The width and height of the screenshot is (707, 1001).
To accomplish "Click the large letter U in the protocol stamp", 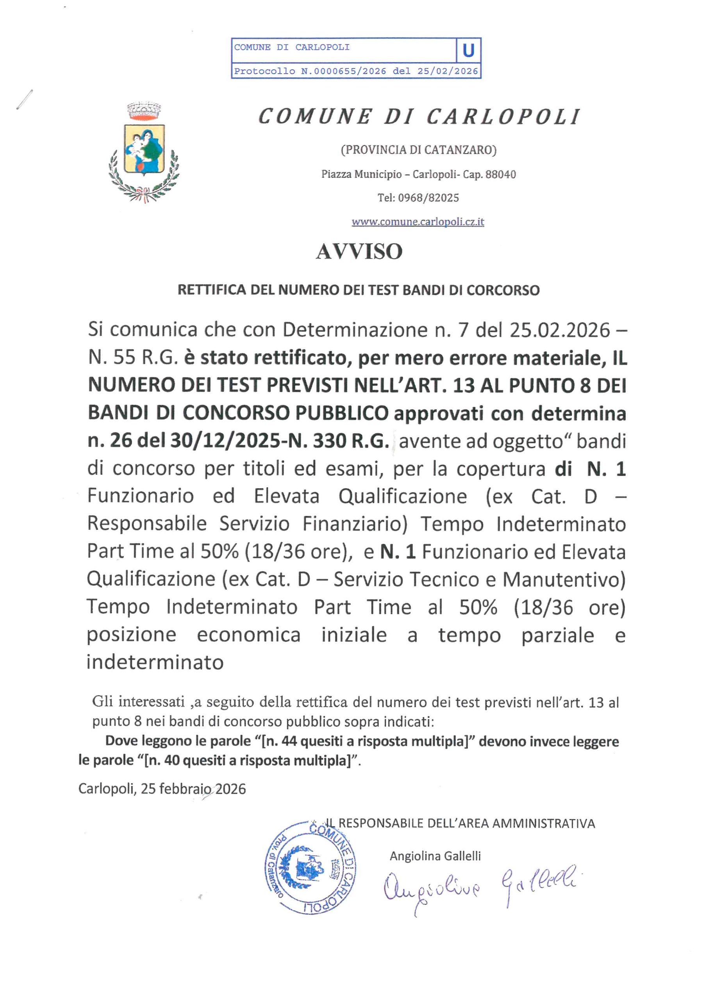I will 468,51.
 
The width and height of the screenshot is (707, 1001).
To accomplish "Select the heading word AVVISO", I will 359,251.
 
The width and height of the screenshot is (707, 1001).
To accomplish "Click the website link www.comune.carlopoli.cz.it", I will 418,222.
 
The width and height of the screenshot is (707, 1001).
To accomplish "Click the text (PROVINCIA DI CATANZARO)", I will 418,150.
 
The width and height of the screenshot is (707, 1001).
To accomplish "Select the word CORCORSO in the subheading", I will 503,291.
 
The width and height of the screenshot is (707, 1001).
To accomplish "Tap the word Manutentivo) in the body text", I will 564,579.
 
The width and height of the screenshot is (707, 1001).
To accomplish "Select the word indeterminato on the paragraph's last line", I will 155,662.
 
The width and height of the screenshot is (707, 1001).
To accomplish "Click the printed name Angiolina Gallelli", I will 435,856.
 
